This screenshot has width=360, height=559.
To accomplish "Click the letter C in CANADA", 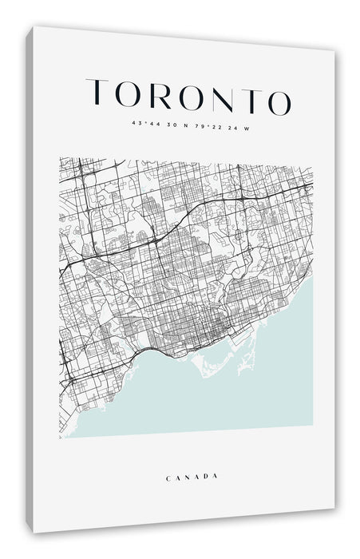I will (168, 478).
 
